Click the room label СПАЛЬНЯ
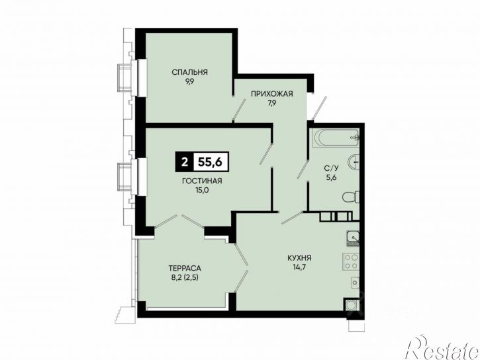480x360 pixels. (x=189, y=72)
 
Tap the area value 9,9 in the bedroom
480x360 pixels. (x=189, y=82)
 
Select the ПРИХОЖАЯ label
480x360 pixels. (x=272, y=93)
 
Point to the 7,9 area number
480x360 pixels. (x=272, y=103)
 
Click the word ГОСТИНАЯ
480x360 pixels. (x=202, y=181)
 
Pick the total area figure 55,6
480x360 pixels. (x=210, y=161)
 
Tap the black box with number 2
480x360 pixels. (x=184, y=161)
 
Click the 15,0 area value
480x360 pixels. (x=202, y=190)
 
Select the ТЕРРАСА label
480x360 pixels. (x=185, y=268)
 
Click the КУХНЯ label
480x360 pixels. (x=299, y=258)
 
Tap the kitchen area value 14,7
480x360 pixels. (x=299, y=267)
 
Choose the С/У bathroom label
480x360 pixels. (x=332, y=168)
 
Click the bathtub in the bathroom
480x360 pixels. (x=338, y=138)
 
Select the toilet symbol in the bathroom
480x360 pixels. (x=351, y=197)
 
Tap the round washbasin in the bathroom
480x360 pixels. (x=354, y=161)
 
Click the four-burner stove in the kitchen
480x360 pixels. (x=351, y=262)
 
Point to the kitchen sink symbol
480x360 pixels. (x=354, y=238)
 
